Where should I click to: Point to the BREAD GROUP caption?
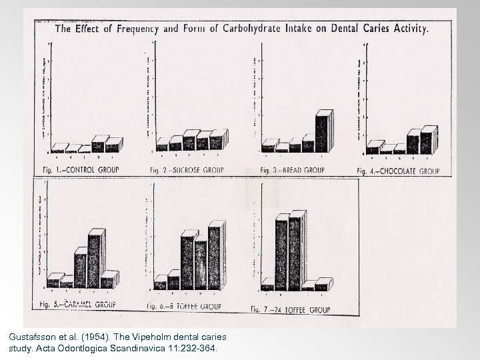(x=293, y=170)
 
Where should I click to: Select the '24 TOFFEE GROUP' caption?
(x=290, y=309)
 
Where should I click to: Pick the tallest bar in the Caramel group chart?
(x=95, y=259)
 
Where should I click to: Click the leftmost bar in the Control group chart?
(x=59, y=148)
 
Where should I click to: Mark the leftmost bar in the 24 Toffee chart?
(x=267, y=287)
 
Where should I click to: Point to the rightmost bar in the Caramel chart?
(x=109, y=279)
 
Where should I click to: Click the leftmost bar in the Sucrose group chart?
(x=162, y=145)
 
